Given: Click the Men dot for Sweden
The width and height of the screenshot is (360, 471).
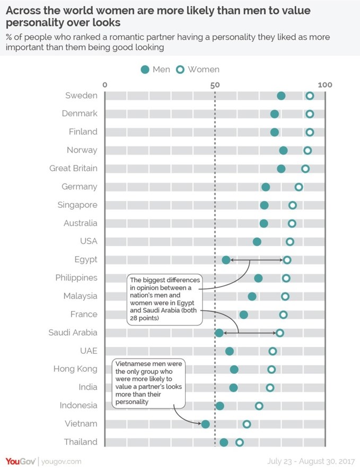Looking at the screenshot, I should click(x=281, y=96).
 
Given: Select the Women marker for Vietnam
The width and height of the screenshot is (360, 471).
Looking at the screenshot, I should click(x=247, y=424).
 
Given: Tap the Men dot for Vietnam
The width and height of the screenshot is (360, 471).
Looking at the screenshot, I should click(x=205, y=424).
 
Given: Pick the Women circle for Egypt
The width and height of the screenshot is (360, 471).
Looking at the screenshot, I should click(x=287, y=260).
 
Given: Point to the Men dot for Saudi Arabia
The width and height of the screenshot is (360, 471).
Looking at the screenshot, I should click(x=219, y=333).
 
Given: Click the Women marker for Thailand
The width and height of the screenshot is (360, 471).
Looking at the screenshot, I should click(x=239, y=442).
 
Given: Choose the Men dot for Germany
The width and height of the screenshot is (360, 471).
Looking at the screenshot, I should click(x=266, y=187).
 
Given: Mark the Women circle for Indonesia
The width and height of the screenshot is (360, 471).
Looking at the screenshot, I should click(x=259, y=406).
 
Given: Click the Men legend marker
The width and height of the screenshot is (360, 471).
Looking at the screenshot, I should click(x=145, y=69).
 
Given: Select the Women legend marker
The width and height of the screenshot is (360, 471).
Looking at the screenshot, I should click(x=180, y=69).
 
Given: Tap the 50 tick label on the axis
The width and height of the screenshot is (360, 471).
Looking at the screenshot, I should click(x=214, y=85).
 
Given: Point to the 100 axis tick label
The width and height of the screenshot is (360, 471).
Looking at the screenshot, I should click(x=325, y=85).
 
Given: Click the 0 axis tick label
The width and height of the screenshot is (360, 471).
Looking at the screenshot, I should click(x=105, y=85).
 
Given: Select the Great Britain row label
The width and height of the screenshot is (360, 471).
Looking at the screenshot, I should click(x=73, y=168).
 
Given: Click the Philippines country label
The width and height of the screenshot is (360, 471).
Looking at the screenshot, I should click(x=76, y=277).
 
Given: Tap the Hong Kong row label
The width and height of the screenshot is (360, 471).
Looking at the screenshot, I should click(x=75, y=369).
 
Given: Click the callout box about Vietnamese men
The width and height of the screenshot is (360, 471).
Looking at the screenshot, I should click(x=148, y=383).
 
